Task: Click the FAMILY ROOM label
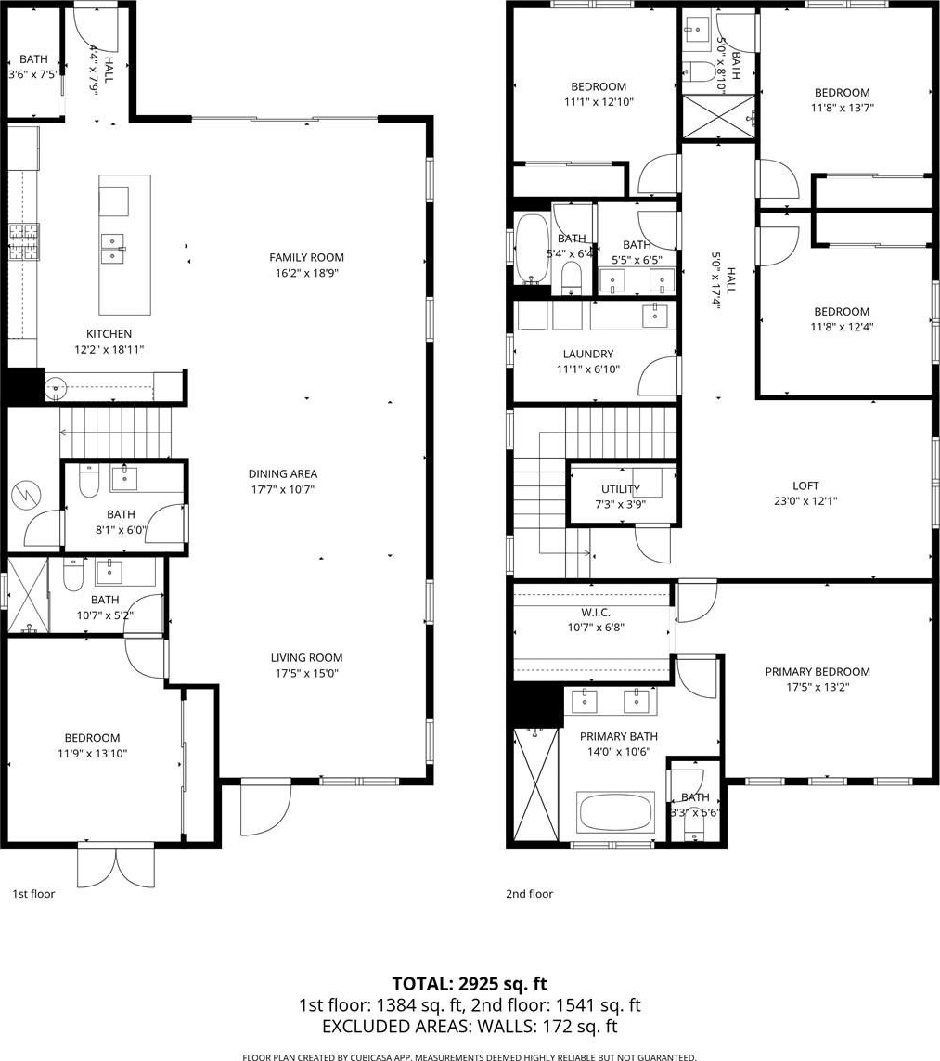point(306,257)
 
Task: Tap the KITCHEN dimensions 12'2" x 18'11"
point(109,349)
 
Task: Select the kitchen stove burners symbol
point(24,242)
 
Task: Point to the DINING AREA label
point(283,473)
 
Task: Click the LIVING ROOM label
point(306,657)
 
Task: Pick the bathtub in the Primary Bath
point(616,813)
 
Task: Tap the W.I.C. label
point(595,612)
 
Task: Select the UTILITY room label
point(620,488)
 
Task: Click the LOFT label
point(805,485)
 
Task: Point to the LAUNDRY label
point(588,354)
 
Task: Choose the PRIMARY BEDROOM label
point(818,671)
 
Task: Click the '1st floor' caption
point(33,893)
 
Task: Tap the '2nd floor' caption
point(530,893)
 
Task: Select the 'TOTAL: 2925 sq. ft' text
point(470,983)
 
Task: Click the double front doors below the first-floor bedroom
point(117,864)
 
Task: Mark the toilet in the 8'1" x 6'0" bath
point(89,481)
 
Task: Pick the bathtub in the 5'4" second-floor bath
point(533,249)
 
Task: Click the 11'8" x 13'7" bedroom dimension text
point(842,108)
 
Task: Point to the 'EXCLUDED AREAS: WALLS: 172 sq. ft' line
point(470,1026)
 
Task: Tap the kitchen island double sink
point(113,249)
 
